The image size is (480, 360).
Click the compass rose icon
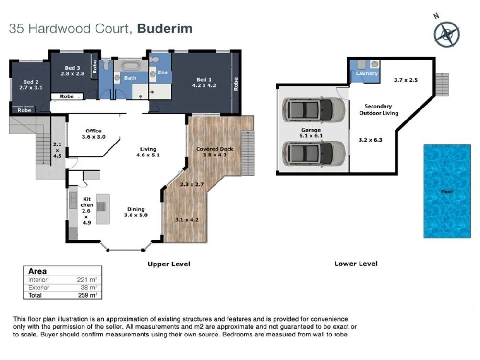(446, 33)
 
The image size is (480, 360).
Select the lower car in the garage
(313, 153)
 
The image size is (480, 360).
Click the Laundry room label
(367, 73)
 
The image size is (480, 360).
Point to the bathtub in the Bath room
(130, 67)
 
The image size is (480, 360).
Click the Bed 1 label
(204, 83)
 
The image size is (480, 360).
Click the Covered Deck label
(215, 152)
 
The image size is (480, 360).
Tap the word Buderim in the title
(165, 28)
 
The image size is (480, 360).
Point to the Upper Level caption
(168, 264)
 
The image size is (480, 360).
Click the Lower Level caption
(356, 264)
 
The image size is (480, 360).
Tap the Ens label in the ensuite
(163, 73)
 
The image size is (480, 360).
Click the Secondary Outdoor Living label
(378, 110)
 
